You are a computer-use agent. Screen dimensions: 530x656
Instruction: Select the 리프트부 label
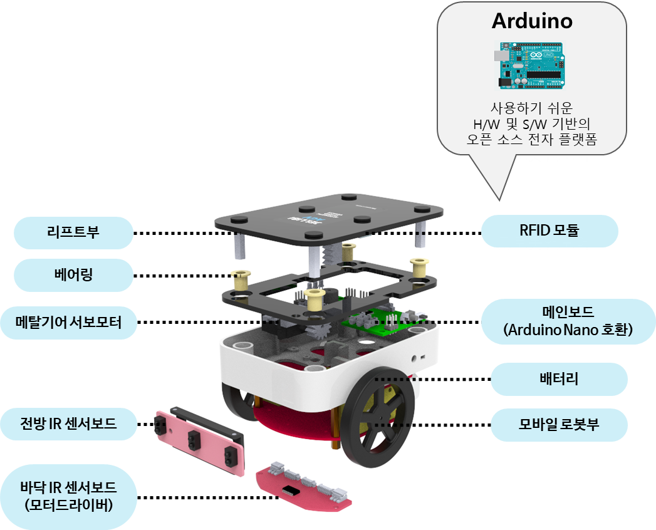[74, 233]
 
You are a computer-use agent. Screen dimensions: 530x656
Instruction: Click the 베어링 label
[74, 275]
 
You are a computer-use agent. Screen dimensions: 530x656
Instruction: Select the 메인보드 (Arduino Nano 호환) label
[568, 322]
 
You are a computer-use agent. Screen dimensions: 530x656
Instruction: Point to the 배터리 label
[558, 379]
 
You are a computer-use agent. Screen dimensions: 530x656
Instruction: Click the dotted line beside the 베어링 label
[182, 276]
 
